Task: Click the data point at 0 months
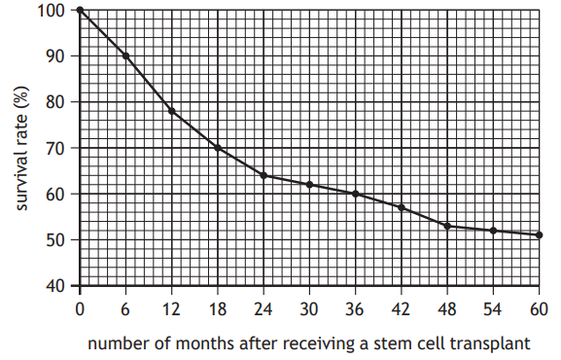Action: click(x=80, y=11)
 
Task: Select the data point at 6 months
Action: click(x=125, y=56)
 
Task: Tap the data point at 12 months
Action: click(x=172, y=111)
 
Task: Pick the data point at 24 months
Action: click(x=263, y=175)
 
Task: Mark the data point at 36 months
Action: click(x=356, y=194)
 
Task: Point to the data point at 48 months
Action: click(x=447, y=226)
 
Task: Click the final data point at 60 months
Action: click(x=539, y=234)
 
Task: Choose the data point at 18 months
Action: click(x=218, y=148)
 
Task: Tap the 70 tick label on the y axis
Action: click(x=57, y=148)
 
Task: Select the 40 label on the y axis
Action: click(x=57, y=286)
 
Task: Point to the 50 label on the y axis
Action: click(x=57, y=240)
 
